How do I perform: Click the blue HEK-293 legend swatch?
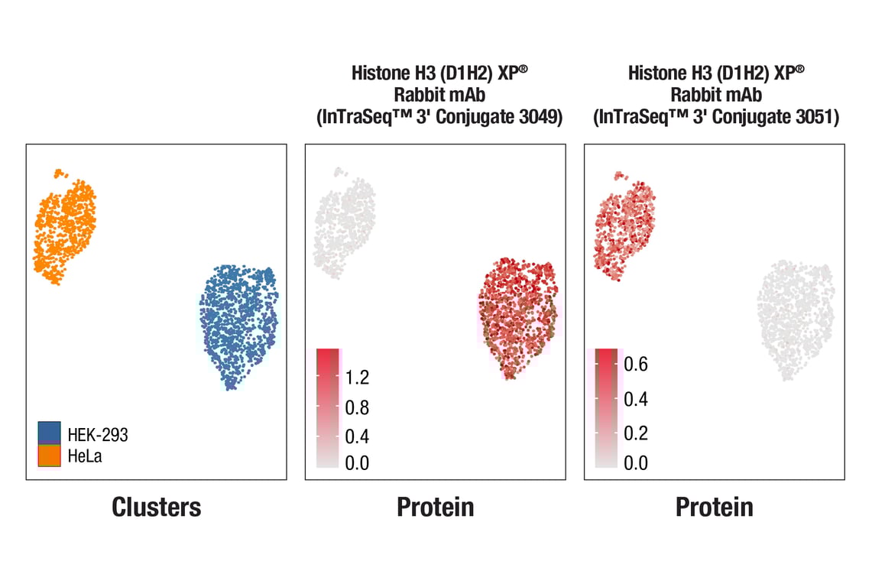pyautogui.click(x=49, y=433)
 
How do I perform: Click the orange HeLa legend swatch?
pyautogui.click(x=49, y=456)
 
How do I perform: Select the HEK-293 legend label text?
pyautogui.click(x=98, y=435)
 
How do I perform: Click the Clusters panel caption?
pyautogui.click(x=157, y=507)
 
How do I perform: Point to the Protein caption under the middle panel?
pyautogui.click(x=435, y=507)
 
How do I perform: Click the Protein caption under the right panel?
pyautogui.click(x=714, y=507)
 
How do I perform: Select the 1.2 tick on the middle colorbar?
pyautogui.click(x=357, y=378)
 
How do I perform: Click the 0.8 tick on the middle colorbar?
pyautogui.click(x=357, y=407)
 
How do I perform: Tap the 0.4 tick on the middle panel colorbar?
pyautogui.click(x=357, y=436)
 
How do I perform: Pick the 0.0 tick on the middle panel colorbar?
pyautogui.click(x=357, y=463)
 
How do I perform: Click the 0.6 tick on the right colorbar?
pyautogui.click(x=636, y=365)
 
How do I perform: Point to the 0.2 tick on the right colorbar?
pyautogui.click(x=636, y=433)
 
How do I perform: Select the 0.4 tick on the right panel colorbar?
pyautogui.click(x=636, y=399)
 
